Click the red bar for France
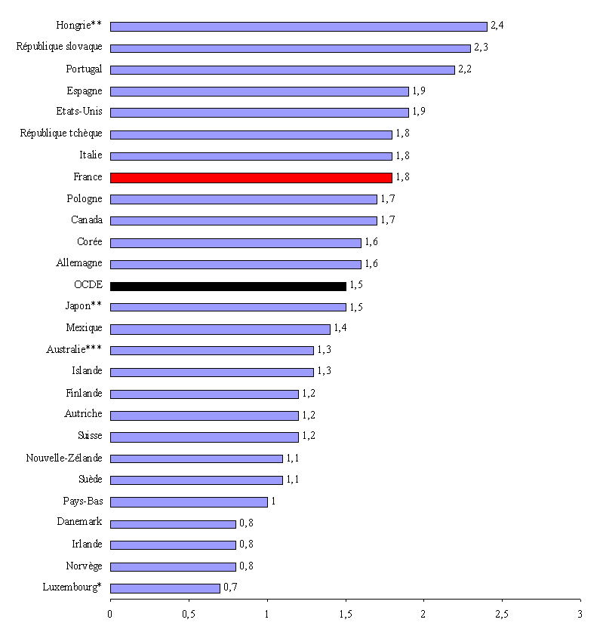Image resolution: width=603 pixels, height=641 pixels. coord(251,178)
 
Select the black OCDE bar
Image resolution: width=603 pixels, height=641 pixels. coord(228,287)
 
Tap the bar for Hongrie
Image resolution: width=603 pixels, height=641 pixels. coord(298,26)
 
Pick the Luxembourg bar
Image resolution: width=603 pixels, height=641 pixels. coord(165,588)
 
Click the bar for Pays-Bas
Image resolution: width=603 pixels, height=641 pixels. coord(189,502)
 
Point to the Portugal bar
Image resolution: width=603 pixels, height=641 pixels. coord(282,69)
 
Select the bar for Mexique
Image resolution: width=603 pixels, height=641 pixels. coord(220,330)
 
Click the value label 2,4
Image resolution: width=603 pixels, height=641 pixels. coord(497,26)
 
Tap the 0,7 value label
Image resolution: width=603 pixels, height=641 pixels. coord(230,587)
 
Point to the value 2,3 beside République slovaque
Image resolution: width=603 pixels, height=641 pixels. coord(481,48)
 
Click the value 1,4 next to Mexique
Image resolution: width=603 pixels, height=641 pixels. coord(340,329)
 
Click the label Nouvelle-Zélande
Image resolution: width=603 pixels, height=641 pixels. coord(64,459)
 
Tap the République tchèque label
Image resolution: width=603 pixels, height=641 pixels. coord(61,134)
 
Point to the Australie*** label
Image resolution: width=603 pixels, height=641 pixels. coord(74,350)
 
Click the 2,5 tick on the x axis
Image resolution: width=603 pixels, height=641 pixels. coord(501,613)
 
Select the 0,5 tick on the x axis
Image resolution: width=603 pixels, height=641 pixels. coord(188,613)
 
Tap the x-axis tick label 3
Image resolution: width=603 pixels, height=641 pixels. coord(580,613)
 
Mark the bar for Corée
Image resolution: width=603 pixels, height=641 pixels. coord(235,243)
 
